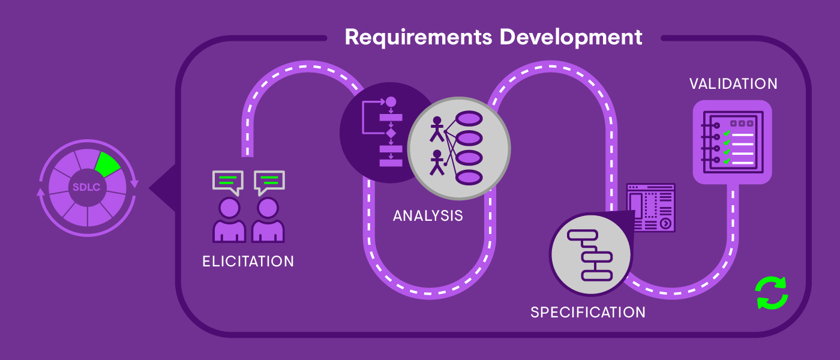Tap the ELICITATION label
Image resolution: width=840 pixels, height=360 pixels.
[x=248, y=262]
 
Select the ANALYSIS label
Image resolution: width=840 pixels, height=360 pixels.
[x=428, y=215]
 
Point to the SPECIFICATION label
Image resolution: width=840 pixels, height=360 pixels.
[x=588, y=313]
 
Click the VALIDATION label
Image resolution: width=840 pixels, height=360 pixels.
[x=733, y=84]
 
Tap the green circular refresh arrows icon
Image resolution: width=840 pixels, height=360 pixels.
[x=771, y=293]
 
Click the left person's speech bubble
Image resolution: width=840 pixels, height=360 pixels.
[x=228, y=181]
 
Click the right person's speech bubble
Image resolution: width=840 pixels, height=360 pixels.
[x=269, y=181]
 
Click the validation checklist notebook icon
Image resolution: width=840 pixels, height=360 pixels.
[x=732, y=142]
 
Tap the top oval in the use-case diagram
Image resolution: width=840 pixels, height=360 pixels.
[x=469, y=118]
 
